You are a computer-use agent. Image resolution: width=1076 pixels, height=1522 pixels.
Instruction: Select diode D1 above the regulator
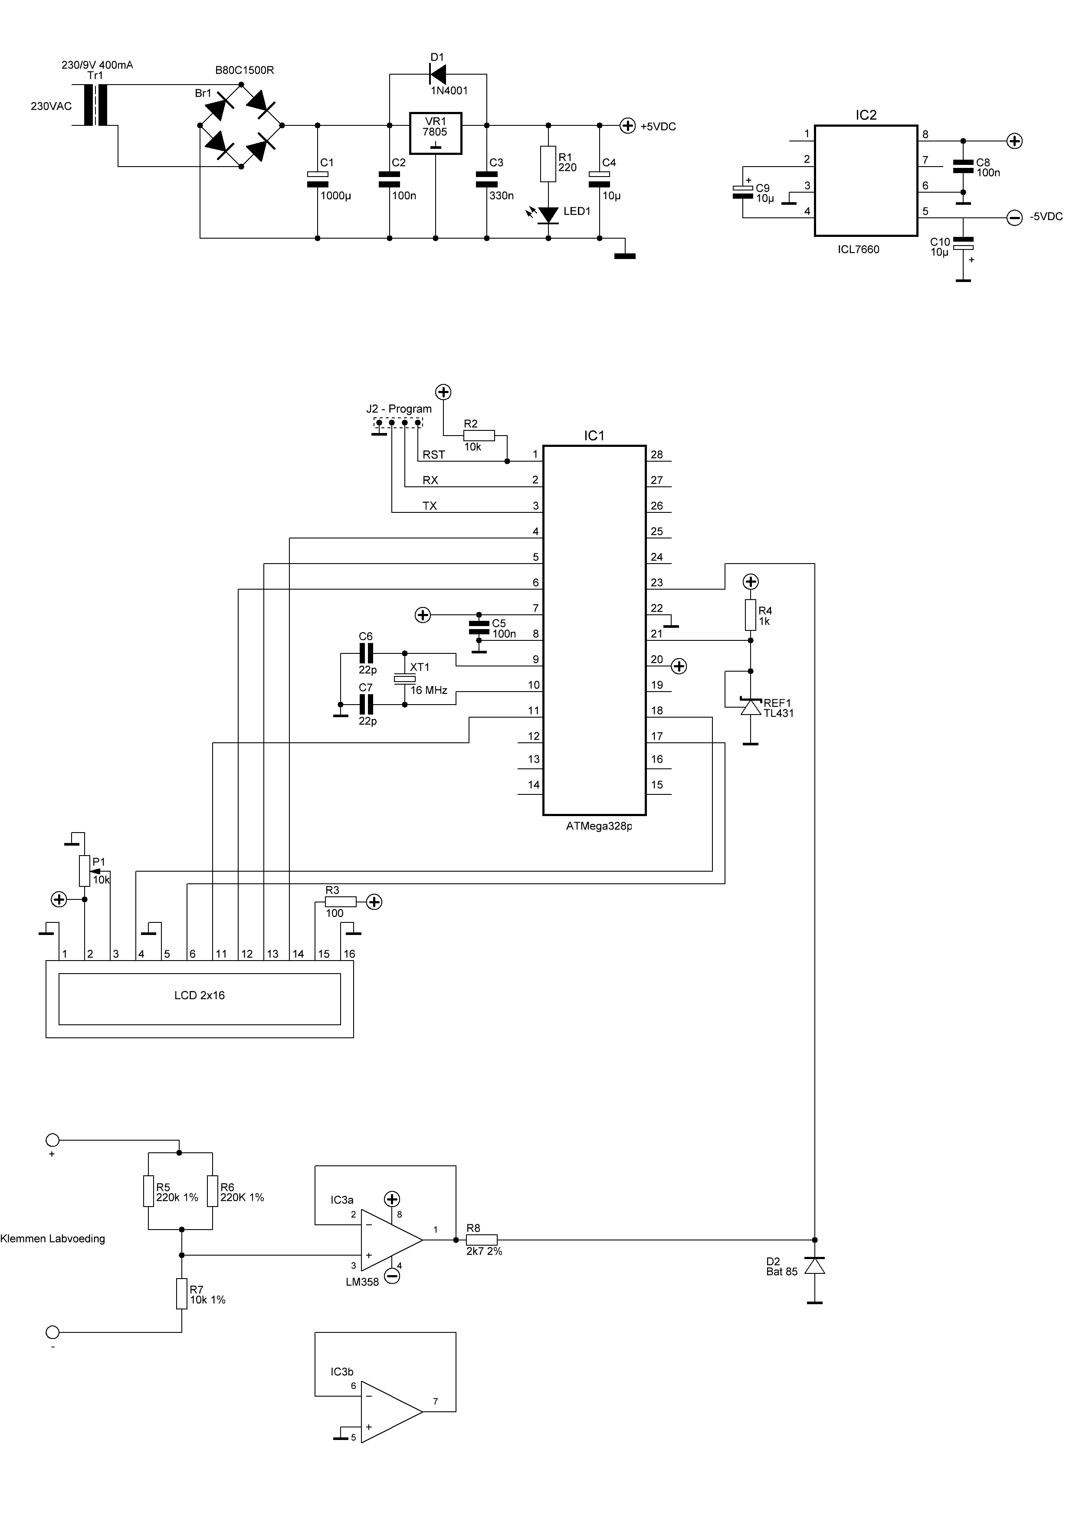tap(438, 73)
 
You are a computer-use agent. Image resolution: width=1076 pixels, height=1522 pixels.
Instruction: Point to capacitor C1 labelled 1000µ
tap(318, 179)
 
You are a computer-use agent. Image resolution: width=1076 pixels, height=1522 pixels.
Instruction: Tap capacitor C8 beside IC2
tap(963, 166)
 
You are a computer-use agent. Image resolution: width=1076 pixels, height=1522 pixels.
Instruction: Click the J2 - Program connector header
tap(398, 422)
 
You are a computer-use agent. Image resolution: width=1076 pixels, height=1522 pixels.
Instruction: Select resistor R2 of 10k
tap(479, 436)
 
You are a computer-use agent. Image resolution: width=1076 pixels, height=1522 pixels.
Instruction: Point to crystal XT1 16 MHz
tap(404, 679)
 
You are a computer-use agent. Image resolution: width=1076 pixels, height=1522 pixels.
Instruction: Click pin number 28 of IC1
tap(656, 455)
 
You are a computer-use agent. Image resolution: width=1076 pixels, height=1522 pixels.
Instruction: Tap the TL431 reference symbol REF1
tap(751, 707)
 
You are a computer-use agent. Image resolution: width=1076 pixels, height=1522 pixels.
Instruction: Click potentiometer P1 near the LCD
tap(84, 870)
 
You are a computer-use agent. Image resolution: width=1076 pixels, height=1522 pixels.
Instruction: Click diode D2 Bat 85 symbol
tap(815, 1266)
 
